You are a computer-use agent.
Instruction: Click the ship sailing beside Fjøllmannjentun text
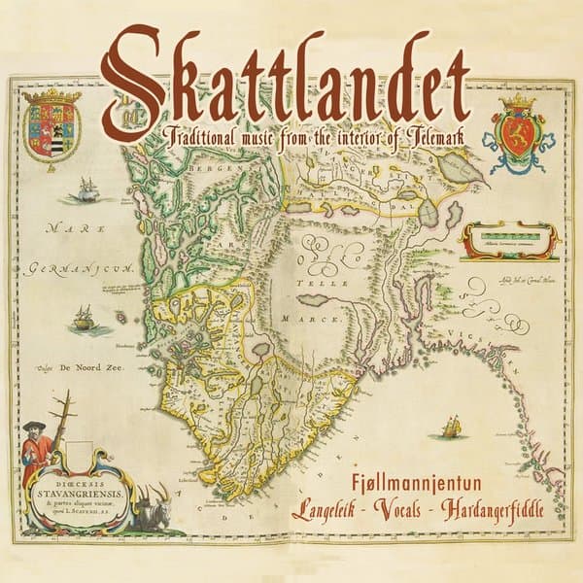[450, 427]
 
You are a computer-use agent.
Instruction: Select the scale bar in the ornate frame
[509, 237]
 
